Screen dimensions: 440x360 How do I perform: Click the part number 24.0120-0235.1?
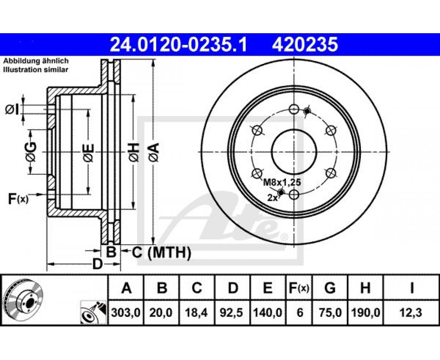click(x=178, y=44)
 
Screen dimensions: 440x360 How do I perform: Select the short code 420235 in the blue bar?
click(x=304, y=44)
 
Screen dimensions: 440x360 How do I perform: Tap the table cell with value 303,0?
click(x=126, y=312)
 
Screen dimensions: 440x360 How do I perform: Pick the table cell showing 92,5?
click(x=232, y=312)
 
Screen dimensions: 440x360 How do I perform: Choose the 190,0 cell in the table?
click(x=365, y=312)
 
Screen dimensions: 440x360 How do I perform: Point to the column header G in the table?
click(x=330, y=288)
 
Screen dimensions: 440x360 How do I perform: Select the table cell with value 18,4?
click(x=197, y=312)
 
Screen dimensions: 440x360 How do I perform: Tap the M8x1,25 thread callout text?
click(x=282, y=183)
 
